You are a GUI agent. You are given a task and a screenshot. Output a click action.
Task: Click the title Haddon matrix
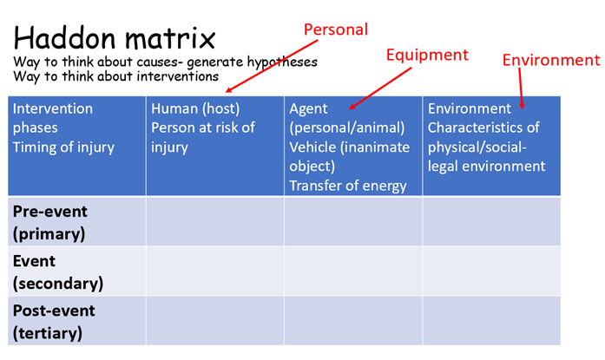[115, 38]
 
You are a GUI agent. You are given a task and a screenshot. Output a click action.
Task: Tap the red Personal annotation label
[336, 29]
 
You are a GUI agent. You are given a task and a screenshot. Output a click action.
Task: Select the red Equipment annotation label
[427, 56]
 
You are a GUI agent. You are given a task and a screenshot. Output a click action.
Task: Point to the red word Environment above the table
[551, 60]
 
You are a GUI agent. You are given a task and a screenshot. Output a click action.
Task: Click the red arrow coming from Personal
[272, 66]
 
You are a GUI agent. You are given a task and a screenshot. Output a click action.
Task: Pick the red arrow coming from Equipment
[380, 88]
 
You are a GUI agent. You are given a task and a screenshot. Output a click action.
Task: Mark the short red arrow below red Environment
[521, 88]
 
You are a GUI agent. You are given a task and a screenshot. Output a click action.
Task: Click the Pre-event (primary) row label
[50, 223]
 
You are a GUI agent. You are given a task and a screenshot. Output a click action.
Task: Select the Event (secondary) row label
[58, 272]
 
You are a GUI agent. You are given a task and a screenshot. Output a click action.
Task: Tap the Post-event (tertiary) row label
[54, 322]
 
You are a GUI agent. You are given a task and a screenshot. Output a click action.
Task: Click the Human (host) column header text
[195, 108]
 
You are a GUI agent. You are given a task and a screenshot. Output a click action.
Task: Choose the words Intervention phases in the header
[52, 118]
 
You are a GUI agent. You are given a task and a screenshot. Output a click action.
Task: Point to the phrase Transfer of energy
[348, 186]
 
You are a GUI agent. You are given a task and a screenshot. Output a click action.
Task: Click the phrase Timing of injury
[63, 147]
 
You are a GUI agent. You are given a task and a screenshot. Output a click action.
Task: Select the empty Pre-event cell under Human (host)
[215, 221]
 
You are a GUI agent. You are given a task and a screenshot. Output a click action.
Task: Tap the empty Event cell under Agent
[353, 271]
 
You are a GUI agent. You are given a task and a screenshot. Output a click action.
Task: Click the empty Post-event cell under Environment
[491, 321]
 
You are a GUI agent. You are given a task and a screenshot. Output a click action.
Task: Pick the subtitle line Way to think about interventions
[115, 76]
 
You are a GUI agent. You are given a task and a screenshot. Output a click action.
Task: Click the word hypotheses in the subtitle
[282, 62]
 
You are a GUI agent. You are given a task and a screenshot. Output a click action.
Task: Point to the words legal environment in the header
[487, 167]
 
